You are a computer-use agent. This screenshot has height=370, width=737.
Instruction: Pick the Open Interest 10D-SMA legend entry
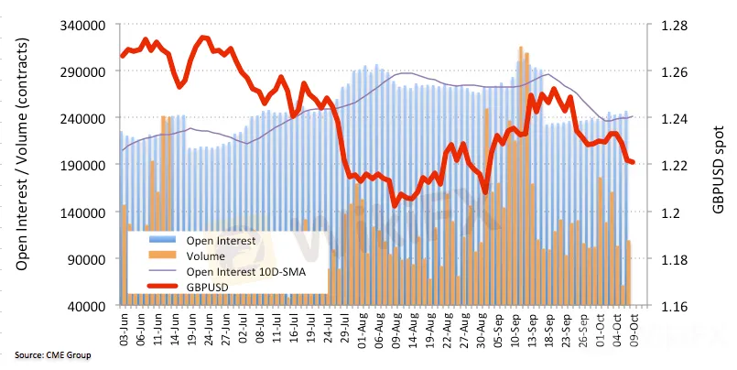coord(242,271)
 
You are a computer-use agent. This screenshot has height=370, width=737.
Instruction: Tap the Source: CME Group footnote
coord(53,354)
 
